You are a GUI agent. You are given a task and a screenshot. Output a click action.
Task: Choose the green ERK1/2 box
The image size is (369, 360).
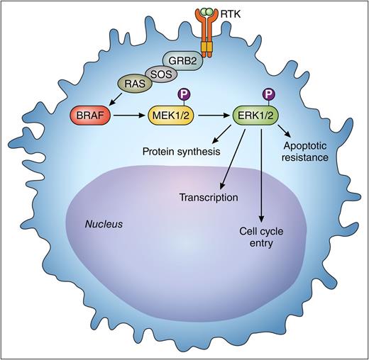(x=260, y=115)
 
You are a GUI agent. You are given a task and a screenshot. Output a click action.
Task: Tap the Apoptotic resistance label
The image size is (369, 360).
(x=305, y=151)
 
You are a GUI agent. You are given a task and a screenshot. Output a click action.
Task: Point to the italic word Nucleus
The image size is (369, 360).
(x=104, y=223)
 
